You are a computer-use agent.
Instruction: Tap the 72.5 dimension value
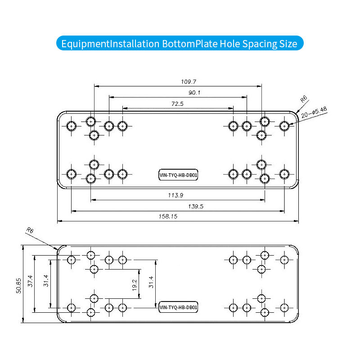point(178,103)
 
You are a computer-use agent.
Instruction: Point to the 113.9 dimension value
point(178,195)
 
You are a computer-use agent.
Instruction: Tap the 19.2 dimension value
point(135,284)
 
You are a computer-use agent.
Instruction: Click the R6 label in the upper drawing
point(304,99)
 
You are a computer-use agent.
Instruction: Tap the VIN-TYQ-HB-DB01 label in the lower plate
point(179,308)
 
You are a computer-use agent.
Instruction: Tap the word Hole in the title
point(229,44)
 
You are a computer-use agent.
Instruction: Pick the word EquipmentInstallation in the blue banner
point(110,44)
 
